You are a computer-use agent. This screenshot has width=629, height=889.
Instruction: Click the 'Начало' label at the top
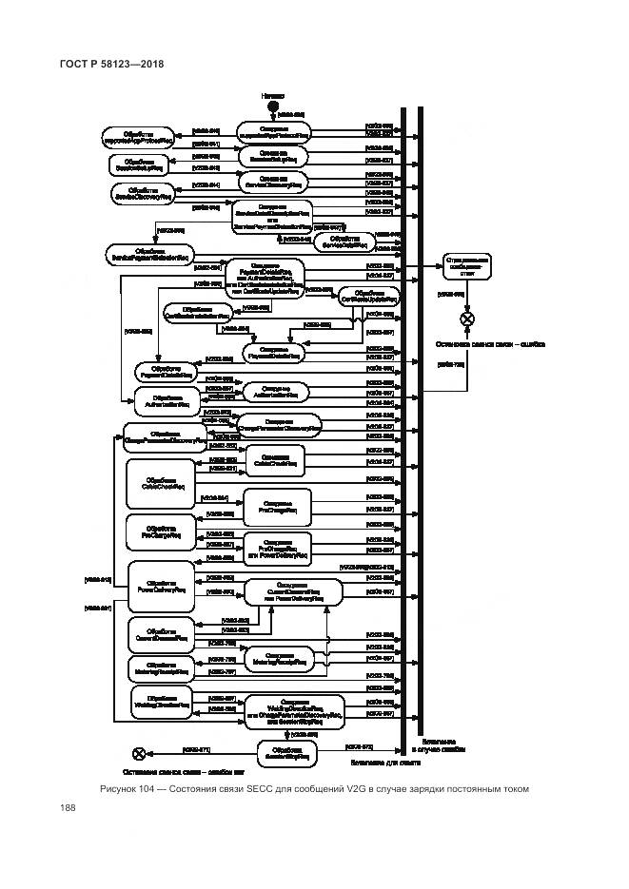click(273, 97)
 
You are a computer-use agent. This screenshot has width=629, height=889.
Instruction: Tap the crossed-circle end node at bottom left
click(139, 753)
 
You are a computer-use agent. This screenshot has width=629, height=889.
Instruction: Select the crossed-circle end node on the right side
click(467, 319)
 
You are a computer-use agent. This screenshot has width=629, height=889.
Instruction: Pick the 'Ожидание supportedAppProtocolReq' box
click(273, 131)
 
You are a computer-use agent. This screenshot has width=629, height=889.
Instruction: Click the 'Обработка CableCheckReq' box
click(158, 482)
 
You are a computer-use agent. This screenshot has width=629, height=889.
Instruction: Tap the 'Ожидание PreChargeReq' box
click(277, 504)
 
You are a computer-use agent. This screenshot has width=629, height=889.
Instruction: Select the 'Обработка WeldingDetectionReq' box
click(158, 704)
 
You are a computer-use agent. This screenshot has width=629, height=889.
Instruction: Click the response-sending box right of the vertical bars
click(467, 268)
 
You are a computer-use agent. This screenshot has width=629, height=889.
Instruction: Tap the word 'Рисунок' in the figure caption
click(122, 789)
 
